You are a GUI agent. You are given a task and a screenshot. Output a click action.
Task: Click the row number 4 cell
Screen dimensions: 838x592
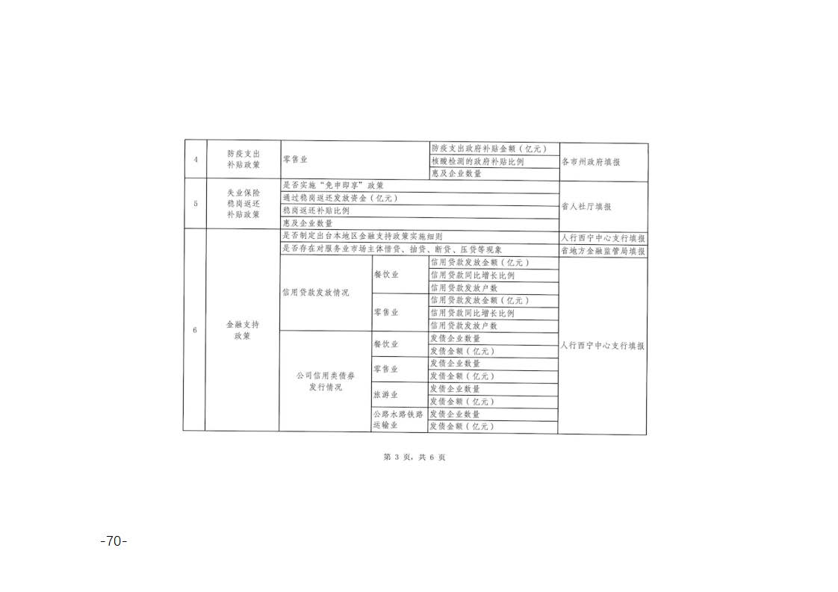coord(195,159)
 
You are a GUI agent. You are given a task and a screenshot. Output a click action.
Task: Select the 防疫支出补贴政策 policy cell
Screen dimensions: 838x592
coord(243,159)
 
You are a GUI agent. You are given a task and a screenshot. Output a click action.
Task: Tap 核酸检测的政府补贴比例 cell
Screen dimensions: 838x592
coord(494,161)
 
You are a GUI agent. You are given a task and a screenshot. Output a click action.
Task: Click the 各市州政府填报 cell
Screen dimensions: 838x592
coord(603,162)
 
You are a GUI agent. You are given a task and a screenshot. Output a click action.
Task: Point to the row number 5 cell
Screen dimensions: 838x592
coord(195,204)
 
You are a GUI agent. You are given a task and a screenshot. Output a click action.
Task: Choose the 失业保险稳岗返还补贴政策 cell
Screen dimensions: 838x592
coord(243,204)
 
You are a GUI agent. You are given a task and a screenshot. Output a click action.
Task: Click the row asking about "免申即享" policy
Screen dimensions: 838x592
coord(420,186)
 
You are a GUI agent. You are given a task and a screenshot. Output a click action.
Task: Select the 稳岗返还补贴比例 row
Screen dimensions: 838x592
coord(420,211)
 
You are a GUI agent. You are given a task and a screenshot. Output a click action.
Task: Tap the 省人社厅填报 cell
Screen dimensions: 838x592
coord(603,206)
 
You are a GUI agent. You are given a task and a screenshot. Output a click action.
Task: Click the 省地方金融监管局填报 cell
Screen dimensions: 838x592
coord(603,251)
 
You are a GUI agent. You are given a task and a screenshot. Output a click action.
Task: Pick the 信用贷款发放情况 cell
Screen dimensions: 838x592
coord(326,293)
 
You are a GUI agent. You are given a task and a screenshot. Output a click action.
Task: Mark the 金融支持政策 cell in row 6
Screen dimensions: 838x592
coord(243,330)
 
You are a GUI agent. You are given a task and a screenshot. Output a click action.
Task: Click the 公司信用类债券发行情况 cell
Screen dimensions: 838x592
coord(325,381)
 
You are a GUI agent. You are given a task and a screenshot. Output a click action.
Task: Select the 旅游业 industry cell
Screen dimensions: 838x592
coord(400,395)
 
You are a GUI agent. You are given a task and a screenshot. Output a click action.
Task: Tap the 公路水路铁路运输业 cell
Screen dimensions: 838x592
coord(400,420)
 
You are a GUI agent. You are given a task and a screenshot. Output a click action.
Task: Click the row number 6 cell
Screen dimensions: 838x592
coord(194,330)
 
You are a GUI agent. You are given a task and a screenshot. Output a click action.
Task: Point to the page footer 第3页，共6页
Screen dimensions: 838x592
coord(415,458)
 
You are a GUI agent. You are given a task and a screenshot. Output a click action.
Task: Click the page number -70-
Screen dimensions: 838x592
coord(114,541)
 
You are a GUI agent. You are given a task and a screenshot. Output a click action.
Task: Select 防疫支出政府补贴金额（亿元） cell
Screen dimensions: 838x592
coord(495,149)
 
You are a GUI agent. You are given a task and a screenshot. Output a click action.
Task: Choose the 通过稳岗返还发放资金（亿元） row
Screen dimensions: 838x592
coord(420,199)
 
